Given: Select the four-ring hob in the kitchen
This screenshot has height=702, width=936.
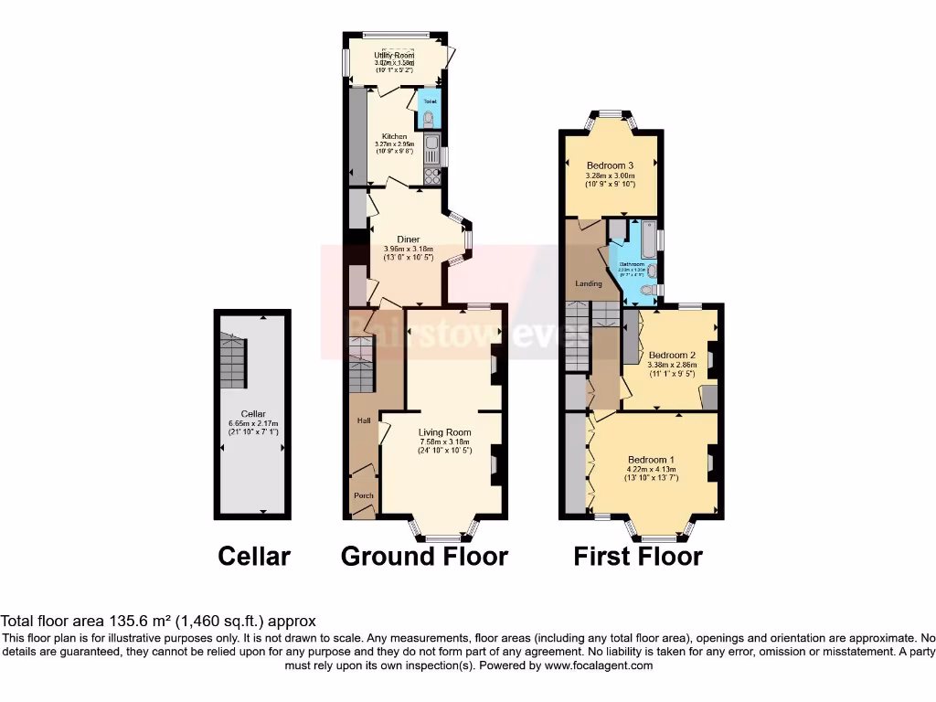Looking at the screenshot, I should [431, 175].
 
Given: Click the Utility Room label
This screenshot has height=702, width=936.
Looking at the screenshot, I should [394, 55].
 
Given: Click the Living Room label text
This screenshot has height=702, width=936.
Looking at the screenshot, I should [444, 432].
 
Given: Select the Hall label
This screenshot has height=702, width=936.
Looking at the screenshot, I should [363, 421].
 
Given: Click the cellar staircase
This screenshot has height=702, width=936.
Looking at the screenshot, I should [233, 358].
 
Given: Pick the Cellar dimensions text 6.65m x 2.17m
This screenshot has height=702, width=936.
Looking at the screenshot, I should [253, 423].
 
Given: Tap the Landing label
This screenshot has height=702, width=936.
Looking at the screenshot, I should [588, 283].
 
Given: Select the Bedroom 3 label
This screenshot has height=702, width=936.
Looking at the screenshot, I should [610, 165].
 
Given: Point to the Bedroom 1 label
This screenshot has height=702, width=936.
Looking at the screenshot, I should [651, 459].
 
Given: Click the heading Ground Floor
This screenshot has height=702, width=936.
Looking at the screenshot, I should [424, 556].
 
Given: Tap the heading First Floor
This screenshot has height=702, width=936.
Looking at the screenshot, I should [637, 556].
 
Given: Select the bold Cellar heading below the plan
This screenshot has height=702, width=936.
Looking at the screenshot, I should [254, 556].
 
